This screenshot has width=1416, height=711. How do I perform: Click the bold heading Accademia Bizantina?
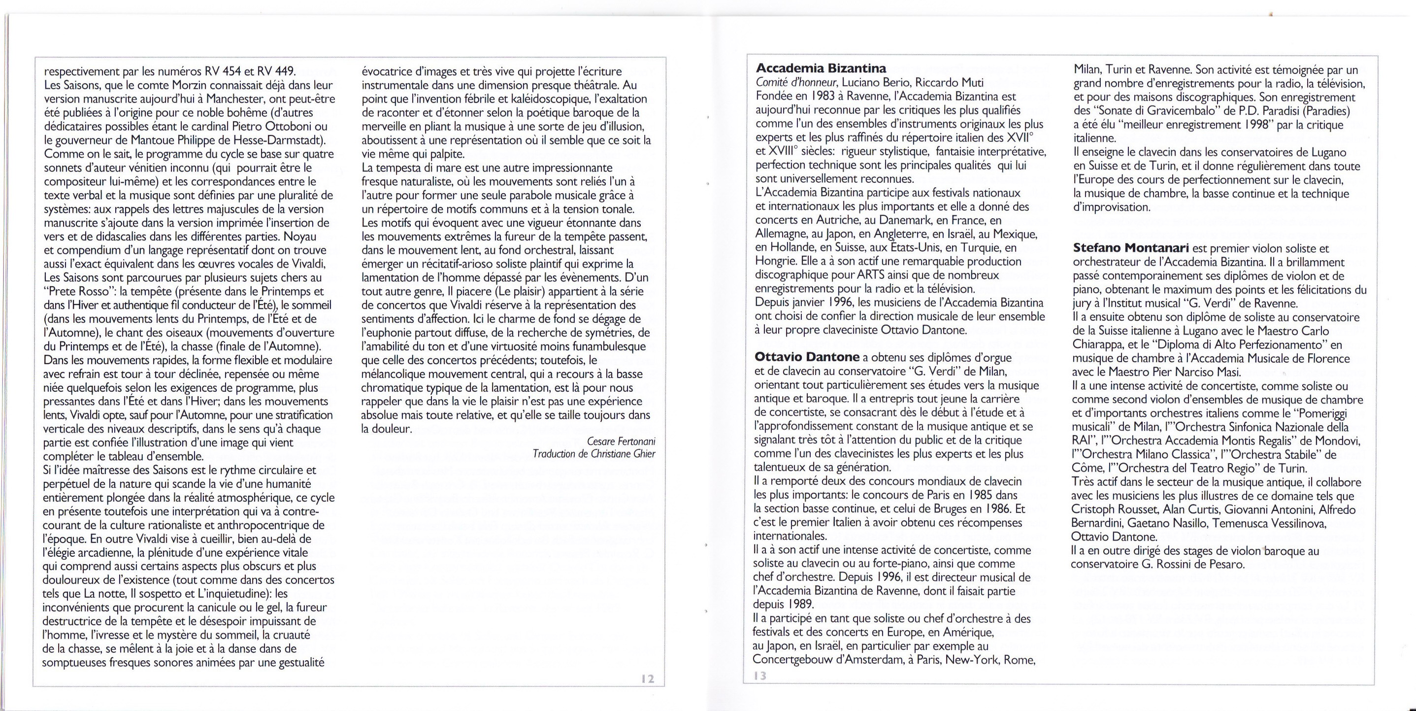[x=821, y=69]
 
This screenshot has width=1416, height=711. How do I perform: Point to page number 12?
[x=648, y=679]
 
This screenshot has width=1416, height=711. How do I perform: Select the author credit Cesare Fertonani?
[x=621, y=441]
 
